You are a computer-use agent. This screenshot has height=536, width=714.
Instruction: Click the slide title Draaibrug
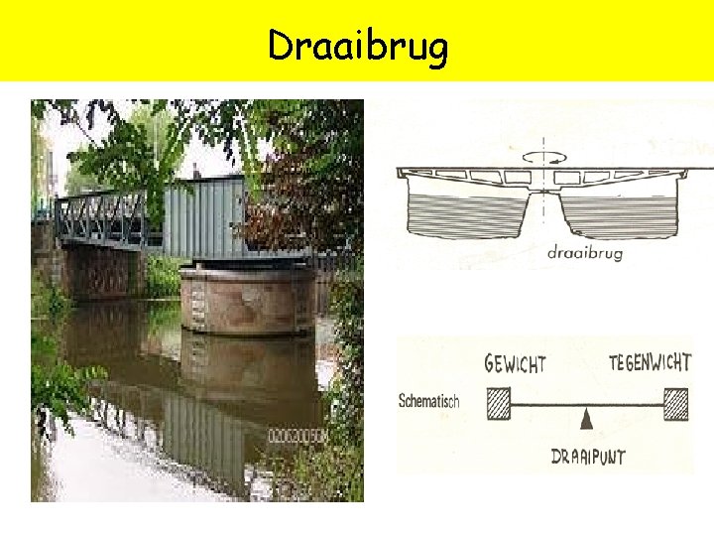click(x=358, y=46)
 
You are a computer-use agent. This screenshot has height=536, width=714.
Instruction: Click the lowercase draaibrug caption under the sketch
click(x=585, y=253)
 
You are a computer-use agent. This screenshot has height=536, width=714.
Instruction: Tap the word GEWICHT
click(x=515, y=363)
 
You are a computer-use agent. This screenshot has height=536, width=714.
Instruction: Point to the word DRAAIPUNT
click(x=589, y=458)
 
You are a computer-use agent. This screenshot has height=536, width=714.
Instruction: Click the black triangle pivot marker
click(x=587, y=421)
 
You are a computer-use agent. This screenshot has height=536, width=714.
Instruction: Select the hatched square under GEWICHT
click(x=498, y=404)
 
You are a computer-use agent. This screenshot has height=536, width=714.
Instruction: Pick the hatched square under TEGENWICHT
click(x=675, y=404)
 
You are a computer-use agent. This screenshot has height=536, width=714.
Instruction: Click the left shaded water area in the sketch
click(x=466, y=212)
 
